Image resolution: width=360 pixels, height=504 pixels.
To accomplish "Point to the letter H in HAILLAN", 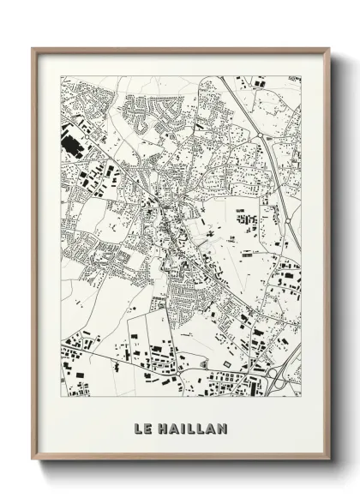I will (x=164, y=428).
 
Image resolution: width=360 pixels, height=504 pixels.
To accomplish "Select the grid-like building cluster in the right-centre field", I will (x=247, y=219).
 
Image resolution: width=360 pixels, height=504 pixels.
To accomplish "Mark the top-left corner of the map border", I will (x=61, y=76).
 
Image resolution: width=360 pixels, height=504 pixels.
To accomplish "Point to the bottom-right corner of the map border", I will (x=301, y=396).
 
